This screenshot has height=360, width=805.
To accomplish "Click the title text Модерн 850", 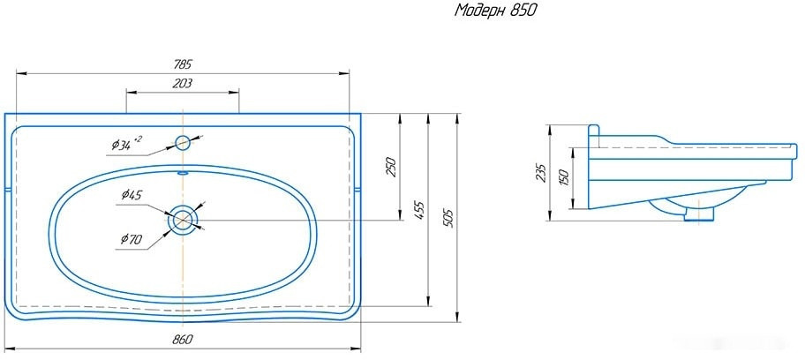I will [x=495, y=11].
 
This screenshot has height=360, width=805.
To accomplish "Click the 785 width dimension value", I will [x=182, y=64].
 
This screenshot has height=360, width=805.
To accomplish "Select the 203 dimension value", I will [x=182, y=83].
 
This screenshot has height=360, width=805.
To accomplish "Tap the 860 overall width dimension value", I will [x=182, y=340].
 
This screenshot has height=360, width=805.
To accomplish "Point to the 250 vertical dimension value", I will [x=391, y=166].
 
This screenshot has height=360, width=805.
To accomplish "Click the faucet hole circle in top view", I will [x=183, y=142].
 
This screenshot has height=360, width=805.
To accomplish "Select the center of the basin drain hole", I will [x=183, y=219].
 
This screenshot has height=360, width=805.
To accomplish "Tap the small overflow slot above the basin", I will [x=183, y=173].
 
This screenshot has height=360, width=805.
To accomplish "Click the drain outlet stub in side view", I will [x=703, y=213].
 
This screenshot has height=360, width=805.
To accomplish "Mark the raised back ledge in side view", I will [x=594, y=134].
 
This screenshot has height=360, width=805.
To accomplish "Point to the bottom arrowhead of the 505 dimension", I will [x=457, y=319].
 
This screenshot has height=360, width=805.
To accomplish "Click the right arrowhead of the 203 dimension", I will [x=236, y=92].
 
